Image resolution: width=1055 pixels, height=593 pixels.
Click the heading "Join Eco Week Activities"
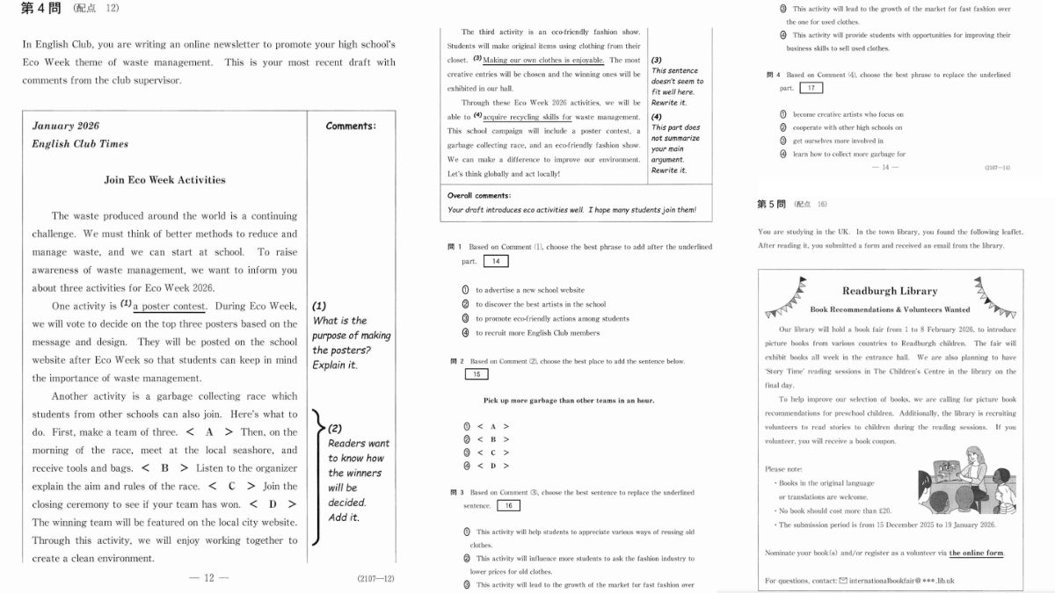(164, 180)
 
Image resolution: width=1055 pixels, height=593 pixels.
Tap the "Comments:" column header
(351, 126)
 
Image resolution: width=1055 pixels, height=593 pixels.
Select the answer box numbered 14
(496, 261)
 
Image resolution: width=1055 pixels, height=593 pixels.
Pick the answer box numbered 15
(476, 374)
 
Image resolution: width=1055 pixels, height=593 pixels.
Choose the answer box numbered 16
(508, 505)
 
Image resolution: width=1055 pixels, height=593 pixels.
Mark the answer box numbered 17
(811, 88)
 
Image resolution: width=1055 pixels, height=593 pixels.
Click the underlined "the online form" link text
(976, 553)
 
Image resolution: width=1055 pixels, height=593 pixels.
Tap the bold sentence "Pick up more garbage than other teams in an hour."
(569, 401)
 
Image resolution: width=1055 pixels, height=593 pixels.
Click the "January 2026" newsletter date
(66, 126)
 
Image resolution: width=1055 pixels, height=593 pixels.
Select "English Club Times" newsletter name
(80, 144)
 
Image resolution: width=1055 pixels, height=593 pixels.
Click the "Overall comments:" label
(479, 195)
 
